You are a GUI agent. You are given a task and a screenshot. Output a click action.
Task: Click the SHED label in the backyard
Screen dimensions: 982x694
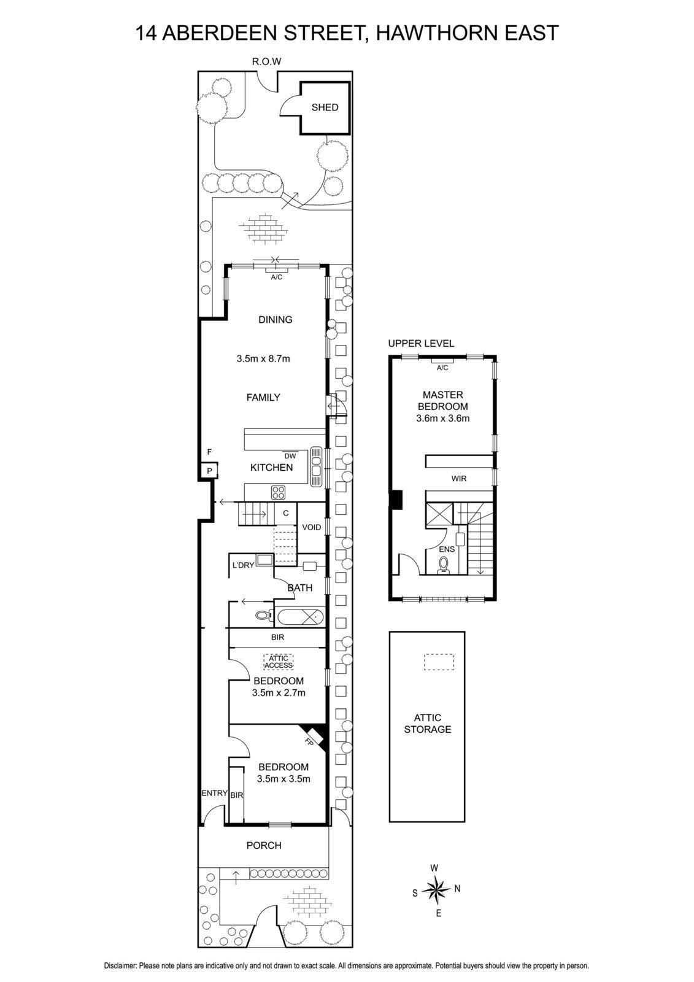click(x=325, y=107)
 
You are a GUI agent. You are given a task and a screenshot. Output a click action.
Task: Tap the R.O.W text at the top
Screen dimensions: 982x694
click(x=266, y=61)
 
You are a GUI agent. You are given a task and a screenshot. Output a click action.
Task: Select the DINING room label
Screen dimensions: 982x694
click(x=275, y=320)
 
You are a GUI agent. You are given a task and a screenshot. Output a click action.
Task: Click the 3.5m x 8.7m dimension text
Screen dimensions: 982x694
click(x=263, y=358)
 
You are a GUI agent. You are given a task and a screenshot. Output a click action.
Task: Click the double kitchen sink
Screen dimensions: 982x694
click(x=317, y=465)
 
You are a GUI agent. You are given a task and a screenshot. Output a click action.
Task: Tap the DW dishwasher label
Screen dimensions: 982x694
click(x=290, y=456)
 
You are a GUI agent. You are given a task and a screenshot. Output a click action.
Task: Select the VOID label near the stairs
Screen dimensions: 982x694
click(x=311, y=527)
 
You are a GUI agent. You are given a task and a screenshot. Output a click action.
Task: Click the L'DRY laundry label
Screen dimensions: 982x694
click(x=242, y=565)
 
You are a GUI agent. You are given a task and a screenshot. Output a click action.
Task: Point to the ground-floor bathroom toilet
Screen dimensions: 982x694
click(x=261, y=616)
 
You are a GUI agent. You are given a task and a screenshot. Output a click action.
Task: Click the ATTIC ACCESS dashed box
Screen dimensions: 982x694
click(x=279, y=662)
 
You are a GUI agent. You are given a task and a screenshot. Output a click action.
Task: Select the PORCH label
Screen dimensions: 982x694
click(x=264, y=846)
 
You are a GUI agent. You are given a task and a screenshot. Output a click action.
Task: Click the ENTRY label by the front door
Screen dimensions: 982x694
click(x=214, y=794)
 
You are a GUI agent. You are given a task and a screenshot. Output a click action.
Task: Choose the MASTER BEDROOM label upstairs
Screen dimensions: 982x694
click(x=442, y=401)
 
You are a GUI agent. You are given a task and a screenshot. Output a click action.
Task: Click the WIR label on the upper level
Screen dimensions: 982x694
click(x=458, y=478)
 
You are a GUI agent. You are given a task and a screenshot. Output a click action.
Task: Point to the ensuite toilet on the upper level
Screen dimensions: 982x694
click(x=444, y=564)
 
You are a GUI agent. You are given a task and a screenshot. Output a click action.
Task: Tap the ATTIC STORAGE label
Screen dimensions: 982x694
click(x=428, y=724)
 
